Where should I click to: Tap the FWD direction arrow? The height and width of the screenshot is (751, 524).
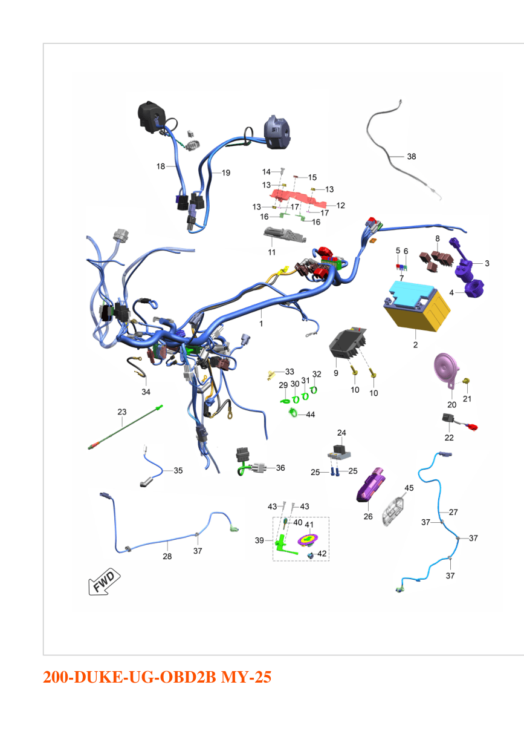click(x=104, y=582)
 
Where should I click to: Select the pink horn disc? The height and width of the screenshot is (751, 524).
click(x=446, y=369)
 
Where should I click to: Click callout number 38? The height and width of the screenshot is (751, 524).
click(x=412, y=157)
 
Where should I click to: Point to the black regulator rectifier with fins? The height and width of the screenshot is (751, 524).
click(x=348, y=343)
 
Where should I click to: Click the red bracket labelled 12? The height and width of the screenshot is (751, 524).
click(x=298, y=198)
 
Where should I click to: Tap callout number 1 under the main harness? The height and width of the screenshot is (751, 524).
click(x=261, y=324)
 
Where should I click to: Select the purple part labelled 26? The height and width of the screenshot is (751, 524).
click(x=370, y=485)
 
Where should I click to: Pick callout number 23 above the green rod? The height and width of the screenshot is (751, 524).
click(x=122, y=412)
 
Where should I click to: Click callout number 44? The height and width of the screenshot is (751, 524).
click(x=311, y=415)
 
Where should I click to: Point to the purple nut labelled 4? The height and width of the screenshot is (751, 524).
click(x=474, y=289)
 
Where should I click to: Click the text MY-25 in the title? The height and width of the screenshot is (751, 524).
click(x=246, y=677)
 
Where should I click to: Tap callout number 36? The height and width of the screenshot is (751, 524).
click(x=280, y=468)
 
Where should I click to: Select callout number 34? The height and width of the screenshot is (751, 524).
click(x=146, y=392)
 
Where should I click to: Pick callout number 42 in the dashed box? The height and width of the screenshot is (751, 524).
click(x=322, y=554)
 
